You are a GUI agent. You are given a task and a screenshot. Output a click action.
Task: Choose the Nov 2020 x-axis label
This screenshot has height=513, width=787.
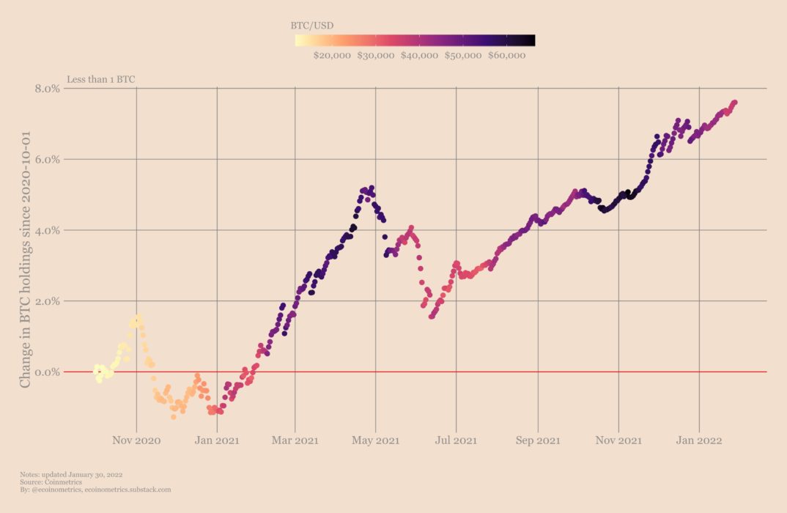136,440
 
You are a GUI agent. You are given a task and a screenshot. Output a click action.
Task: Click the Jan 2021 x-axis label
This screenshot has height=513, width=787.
217,440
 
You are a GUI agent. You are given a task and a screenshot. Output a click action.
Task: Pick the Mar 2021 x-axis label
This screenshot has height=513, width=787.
295,440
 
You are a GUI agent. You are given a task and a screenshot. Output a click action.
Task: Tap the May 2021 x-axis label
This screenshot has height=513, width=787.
375,440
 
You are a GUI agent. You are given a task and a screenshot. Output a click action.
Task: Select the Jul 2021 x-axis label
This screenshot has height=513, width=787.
456,440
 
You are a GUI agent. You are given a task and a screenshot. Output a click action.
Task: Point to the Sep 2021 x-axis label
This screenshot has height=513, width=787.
537,440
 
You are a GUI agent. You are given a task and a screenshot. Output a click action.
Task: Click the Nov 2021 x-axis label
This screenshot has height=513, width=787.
618,440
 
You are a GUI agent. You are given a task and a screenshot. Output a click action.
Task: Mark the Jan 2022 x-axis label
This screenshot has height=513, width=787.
699,440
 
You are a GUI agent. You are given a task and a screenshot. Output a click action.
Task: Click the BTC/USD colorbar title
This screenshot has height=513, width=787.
311,25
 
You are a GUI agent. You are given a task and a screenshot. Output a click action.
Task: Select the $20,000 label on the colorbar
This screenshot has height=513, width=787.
332,55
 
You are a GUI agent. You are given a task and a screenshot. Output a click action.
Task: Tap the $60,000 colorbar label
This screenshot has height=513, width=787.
507,55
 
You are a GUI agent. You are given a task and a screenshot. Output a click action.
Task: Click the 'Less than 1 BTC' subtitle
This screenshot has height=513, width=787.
101,78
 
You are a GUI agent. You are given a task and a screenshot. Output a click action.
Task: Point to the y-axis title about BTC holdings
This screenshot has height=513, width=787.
26,259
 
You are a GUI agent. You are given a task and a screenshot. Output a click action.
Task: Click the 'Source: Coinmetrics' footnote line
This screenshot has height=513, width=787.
51,481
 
